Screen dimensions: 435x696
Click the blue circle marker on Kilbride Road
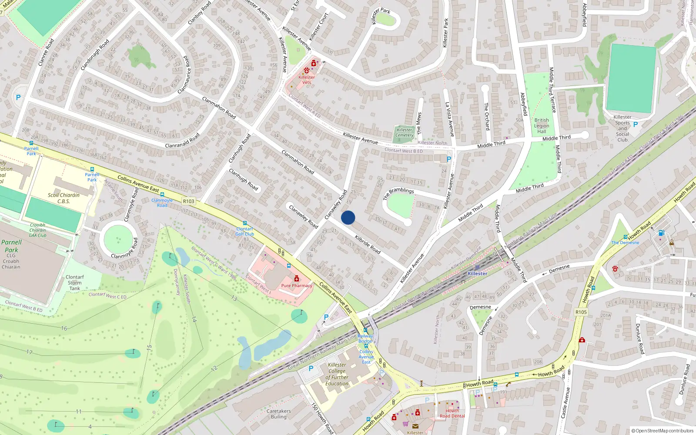[x=348, y=217]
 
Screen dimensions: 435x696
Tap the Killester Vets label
[x=307, y=80]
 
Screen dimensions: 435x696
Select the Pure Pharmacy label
[x=297, y=286]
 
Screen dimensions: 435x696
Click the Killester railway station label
[x=477, y=273]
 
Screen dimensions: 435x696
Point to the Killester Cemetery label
[x=404, y=133]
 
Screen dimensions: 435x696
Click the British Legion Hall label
[x=542, y=126]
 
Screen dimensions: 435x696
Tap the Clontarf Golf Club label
[x=244, y=231]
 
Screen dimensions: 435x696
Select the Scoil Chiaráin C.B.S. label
[x=64, y=198]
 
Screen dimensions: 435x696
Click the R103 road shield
[x=189, y=201]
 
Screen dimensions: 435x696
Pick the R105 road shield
[x=581, y=312]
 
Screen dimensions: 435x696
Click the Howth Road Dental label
[x=452, y=413]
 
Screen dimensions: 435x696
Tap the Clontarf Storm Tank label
[x=75, y=282]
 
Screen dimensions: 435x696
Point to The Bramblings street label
[x=398, y=194]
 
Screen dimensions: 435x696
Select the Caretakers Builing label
[x=278, y=414]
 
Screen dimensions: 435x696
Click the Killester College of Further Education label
[x=337, y=374]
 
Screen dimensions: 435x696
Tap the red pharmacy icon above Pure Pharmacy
[x=297, y=278]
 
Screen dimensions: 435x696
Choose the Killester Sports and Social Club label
[x=622, y=128]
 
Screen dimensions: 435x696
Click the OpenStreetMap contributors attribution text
[x=663, y=431]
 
